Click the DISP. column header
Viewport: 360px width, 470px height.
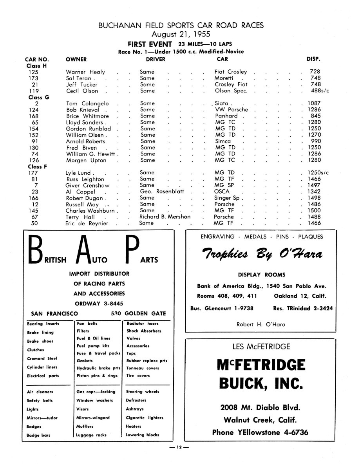[313, 60]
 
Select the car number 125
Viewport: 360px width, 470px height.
[34, 72]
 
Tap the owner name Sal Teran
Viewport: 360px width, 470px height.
[79, 78]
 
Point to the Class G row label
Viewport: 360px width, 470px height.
[38, 97]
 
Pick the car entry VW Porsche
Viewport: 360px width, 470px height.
[232, 110]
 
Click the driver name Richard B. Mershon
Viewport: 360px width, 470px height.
[165, 217]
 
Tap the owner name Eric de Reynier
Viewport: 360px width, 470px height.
[86, 223]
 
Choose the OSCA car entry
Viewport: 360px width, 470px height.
[222, 192]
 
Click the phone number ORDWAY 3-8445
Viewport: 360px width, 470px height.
[99, 303]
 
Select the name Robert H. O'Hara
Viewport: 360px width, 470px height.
[261, 324]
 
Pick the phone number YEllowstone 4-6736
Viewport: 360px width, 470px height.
[260, 432]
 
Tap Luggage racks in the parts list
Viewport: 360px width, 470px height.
[92, 435]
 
